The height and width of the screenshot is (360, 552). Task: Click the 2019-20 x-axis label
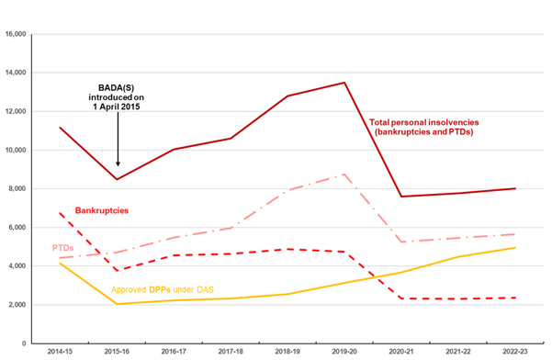pos(344,352)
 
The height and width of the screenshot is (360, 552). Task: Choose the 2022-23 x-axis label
pos(514,352)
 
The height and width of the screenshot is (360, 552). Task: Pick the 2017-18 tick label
pos(231,352)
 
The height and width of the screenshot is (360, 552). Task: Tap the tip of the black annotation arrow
pos(118,166)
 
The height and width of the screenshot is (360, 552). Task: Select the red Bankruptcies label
pos(101,210)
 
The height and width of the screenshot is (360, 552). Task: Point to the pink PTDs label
pos(63,247)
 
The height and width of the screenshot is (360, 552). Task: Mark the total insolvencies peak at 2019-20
pos(344,83)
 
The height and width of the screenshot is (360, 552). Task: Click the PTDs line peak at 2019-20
pos(344,174)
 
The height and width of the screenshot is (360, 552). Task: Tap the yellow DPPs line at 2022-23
pos(514,248)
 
